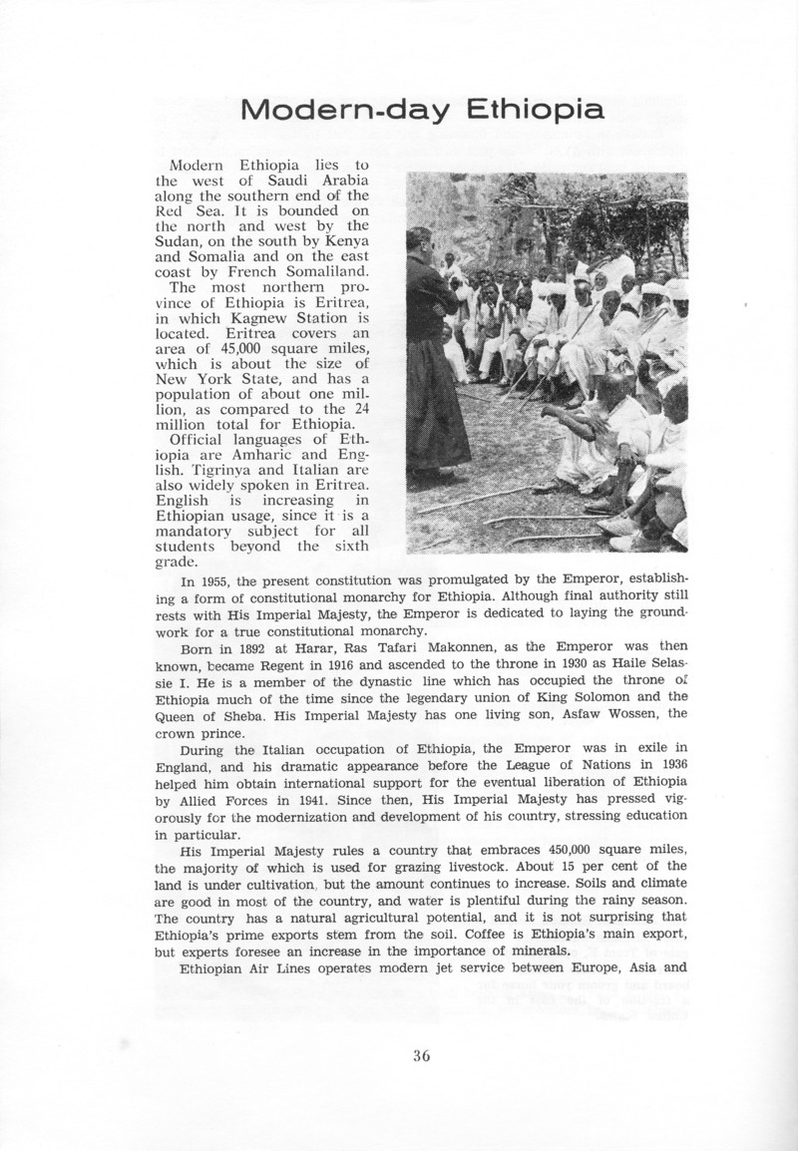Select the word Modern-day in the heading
pos(341,110)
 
